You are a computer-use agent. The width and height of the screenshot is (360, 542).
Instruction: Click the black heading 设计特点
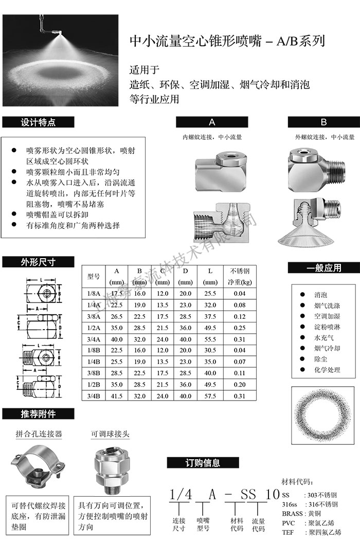39,122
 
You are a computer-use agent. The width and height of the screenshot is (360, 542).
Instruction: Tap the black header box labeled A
212,122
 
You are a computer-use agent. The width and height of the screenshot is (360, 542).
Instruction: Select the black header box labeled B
323,122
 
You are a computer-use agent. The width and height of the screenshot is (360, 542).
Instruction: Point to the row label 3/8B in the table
94,373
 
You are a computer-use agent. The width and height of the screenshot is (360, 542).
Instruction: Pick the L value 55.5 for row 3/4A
210,339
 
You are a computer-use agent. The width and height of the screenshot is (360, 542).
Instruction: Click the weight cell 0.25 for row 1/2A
240,328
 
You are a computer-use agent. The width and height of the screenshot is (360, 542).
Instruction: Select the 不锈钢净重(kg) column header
240,276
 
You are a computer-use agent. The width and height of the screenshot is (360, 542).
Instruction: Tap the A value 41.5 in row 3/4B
117,396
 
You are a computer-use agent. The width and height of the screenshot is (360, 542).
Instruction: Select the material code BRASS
294,513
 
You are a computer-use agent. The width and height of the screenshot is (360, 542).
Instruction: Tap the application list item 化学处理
327,370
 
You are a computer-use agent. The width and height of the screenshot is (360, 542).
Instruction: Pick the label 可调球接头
110,434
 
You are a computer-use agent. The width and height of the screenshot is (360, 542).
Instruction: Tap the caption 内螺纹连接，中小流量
212,138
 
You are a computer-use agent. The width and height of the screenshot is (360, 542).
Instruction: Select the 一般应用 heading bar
323,268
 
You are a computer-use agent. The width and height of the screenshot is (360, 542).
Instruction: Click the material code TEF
288,532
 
